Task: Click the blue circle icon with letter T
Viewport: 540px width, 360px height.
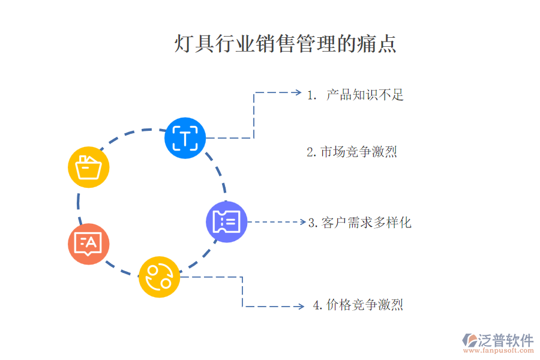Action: [185, 138]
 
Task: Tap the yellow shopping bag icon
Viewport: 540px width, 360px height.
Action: [89, 167]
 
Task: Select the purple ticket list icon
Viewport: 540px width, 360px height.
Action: [227, 222]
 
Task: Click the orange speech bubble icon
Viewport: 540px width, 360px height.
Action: [89, 244]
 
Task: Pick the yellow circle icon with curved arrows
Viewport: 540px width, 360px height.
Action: [160, 277]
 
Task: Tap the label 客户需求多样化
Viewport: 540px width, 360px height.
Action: [367, 223]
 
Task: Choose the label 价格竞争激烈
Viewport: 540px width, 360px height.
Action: [365, 305]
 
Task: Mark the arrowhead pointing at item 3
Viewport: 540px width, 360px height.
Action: [303, 222]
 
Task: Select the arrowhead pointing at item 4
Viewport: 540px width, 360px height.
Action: [301, 307]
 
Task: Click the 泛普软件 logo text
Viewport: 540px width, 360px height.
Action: [505, 340]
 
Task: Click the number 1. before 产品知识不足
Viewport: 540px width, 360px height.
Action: [311, 95]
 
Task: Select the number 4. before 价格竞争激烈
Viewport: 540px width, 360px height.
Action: [318, 305]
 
